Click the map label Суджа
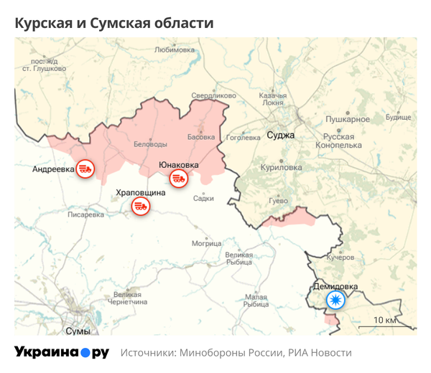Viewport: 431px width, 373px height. (280, 135)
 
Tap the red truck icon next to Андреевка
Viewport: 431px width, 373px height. (85, 169)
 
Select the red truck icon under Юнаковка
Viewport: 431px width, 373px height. (178, 179)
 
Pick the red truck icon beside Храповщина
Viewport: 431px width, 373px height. (140, 207)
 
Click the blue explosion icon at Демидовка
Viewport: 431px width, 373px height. (335, 300)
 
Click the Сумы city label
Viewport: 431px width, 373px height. (78, 331)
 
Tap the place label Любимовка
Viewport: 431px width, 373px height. (175, 50)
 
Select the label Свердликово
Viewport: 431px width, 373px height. (213, 95)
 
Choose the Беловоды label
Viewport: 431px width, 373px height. (151, 144)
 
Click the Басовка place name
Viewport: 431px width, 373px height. (201, 136)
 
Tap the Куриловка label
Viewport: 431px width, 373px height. (279, 166)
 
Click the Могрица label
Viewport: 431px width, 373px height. (207, 243)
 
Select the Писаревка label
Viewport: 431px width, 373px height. (90, 214)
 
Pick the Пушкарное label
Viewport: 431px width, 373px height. (348, 119)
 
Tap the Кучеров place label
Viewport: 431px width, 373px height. (340, 257)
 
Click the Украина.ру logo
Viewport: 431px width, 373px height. (62, 352)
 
